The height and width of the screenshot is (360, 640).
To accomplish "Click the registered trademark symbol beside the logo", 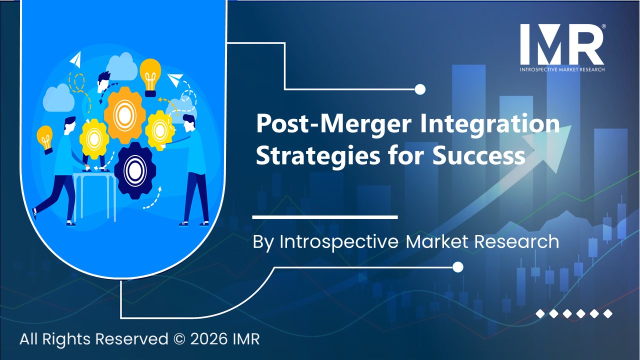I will (604, 26).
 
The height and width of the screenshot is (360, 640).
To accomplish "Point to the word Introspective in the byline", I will (339, 242).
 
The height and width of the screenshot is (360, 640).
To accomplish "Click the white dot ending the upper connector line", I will (420, 89).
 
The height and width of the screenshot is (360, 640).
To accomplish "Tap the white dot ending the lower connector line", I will (457, 267).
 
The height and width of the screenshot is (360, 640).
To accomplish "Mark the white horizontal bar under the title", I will (325, 217).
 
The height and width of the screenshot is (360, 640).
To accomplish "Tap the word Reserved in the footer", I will (132, 339).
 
